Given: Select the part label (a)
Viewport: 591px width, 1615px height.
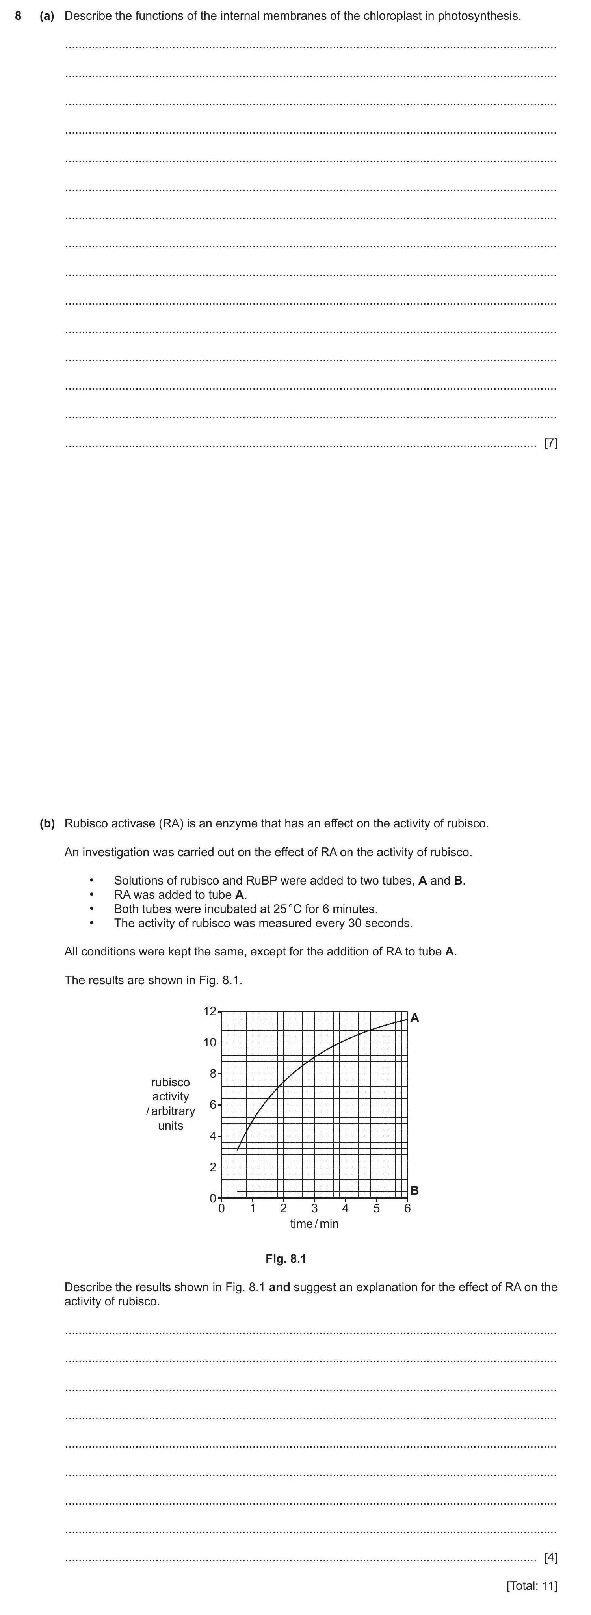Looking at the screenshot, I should click(x=47, y=16).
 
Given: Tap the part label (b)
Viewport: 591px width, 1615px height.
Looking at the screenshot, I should click(x=47, y=823).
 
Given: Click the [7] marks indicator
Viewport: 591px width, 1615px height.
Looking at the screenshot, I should click(x=551, y=443).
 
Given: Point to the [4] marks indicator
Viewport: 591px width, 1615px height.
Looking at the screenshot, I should click(x=551, y=1557).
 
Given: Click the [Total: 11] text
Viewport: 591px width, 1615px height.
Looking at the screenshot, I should click(x=532, y=1585).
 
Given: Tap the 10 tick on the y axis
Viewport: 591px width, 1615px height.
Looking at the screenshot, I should click(x=209, y=1043).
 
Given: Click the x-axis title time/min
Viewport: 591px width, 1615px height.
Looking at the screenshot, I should click(x=314, y=1224).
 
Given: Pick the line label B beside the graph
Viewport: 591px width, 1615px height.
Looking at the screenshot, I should click(x=414, y=1190).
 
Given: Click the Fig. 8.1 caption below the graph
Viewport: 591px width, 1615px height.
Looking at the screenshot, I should click(x=286, y=1259).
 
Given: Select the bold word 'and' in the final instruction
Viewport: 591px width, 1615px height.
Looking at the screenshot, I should click(x=279, y=1287).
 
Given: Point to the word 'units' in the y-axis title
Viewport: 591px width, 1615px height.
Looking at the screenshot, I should click(x=171, y=1125).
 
